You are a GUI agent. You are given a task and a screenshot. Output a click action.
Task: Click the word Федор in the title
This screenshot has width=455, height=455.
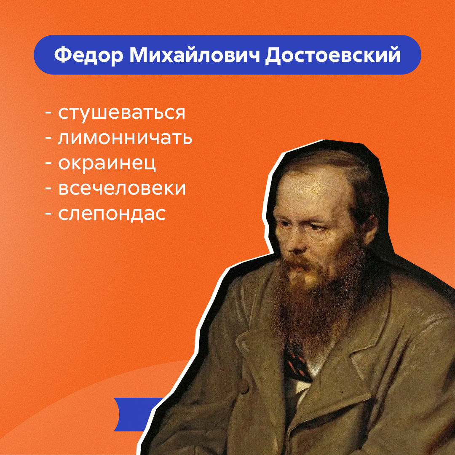(89, 55)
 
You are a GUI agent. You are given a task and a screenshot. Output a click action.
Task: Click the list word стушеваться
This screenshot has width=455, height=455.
(122, 113)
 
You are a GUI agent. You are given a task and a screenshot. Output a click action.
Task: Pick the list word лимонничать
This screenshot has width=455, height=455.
(125, 137)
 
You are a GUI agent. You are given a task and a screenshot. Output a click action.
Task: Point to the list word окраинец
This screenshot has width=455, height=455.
(107, 163)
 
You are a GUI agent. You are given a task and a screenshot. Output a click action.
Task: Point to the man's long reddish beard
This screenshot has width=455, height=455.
(316, 299)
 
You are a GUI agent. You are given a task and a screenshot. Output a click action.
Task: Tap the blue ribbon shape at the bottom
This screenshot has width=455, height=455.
(136, 415)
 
